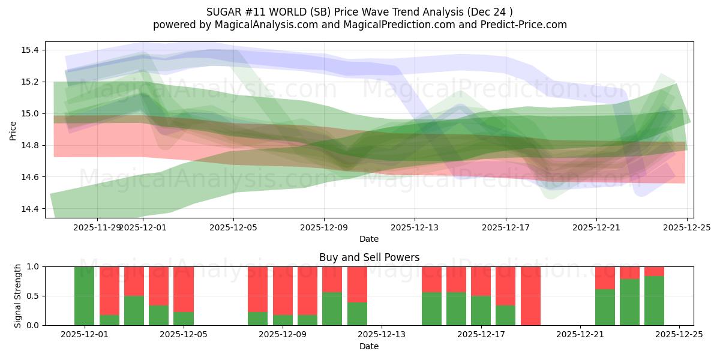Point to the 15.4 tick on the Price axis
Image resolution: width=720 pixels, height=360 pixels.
click(30, 50)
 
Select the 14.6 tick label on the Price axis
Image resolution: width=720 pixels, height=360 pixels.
click(30, 177)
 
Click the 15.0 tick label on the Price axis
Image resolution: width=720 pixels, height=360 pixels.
click(30, 113)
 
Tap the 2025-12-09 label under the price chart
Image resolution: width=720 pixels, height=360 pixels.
click(324, 227)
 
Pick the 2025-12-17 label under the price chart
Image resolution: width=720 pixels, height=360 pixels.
click(505, 227)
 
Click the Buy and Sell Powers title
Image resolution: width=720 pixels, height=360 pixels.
click(368, 257)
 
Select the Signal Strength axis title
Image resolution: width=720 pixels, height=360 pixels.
click(18, 295)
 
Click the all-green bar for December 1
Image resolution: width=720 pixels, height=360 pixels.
click(85, 296)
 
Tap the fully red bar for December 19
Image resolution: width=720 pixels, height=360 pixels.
click(530, 296)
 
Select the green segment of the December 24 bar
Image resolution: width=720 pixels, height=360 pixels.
click(654, 301)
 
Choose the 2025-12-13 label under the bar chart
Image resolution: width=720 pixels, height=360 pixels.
click(382, 335)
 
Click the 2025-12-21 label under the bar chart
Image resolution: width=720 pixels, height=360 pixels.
click(580, 335)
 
